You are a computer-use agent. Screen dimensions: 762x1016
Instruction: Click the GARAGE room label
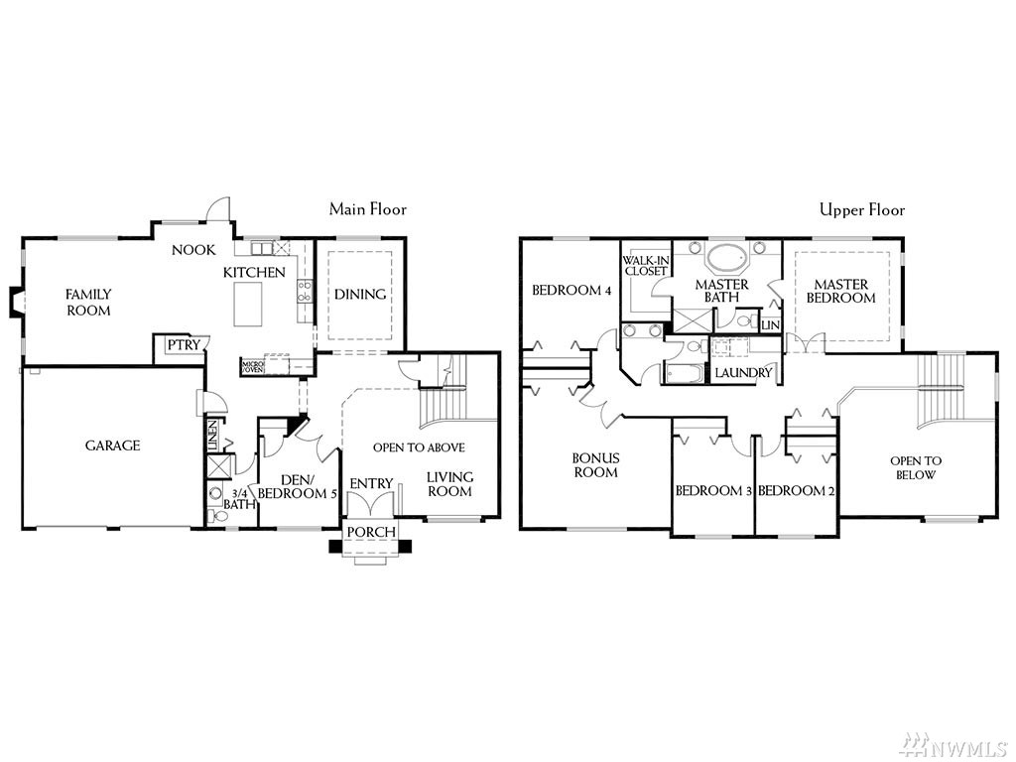tap(112, 445)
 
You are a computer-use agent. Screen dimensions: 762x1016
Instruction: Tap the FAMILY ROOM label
tap(88, 302)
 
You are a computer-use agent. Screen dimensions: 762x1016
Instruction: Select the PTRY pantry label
tap(184, 345)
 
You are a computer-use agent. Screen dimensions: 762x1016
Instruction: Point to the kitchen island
tap(248, 303)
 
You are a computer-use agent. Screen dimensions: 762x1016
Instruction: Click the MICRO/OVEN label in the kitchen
tap(253, 366)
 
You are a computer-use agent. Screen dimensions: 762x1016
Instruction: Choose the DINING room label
tap(359, 294)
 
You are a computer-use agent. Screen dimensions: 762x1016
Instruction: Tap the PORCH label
tap(371, 533)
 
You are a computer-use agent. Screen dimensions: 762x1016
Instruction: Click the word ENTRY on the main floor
tap(372, 483)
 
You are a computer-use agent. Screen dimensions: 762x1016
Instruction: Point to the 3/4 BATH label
tap(241, 498)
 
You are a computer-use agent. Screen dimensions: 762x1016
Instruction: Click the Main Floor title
tap(368, 209)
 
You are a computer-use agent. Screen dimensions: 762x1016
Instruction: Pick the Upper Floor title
tap(861, 209)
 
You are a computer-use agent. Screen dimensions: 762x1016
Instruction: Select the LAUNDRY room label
tap(743, 372)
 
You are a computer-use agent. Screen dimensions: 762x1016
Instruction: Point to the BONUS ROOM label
tap(595, 464)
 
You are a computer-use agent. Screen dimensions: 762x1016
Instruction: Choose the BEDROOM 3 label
tap(713, 490)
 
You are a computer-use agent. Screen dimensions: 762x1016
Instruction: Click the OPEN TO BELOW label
tap(916, 467)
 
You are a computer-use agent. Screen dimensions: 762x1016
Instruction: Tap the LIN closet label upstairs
tap(771, 324)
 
